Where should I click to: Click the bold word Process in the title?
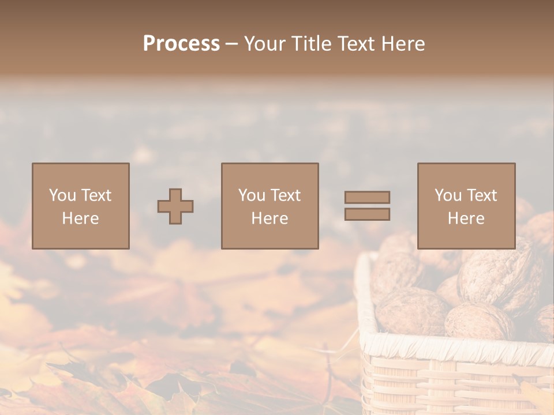(x=181, y=44)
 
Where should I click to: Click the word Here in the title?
(x=404, y=44)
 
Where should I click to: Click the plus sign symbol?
(x=175, y=206)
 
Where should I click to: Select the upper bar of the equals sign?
(x=367, y=197)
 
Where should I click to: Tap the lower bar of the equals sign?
(x=367, y=214)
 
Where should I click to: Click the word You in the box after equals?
(x=447, y=195)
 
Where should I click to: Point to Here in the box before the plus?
(x=80, y=218)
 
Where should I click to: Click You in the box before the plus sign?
(x=62, y=195)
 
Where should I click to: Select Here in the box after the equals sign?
(x=466, y=218)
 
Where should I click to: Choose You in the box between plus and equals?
(x=251, y=195)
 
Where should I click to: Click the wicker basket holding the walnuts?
(x=456, y=375)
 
